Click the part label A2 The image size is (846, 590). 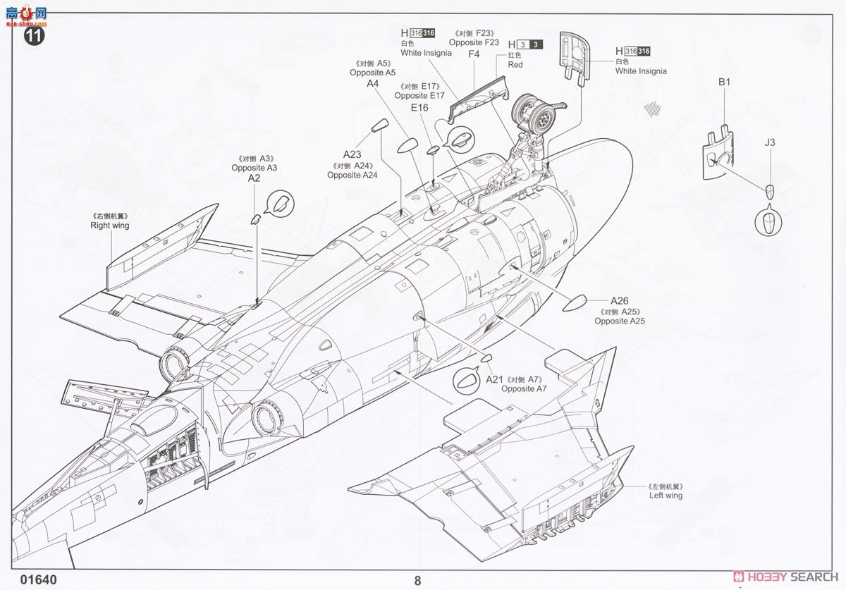(x=255, y=179)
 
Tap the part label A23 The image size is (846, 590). (x=352, y=155)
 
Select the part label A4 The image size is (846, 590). (x=373, y=83)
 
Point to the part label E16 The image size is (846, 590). (x=419, y=107)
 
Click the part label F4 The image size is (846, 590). (x=474, y=54)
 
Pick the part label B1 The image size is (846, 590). (x=725, y=82)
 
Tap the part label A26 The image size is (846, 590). (x=619, y=301)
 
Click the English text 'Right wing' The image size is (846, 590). (x=109, y=226)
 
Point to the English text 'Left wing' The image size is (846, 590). (x=666, y=496)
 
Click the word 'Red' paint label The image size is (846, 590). (x=515, y=65)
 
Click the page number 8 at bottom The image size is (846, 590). (x=418, y=581)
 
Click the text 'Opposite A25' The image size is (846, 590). (x=620, y=321)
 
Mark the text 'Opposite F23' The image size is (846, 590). (x=474, y=43)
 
